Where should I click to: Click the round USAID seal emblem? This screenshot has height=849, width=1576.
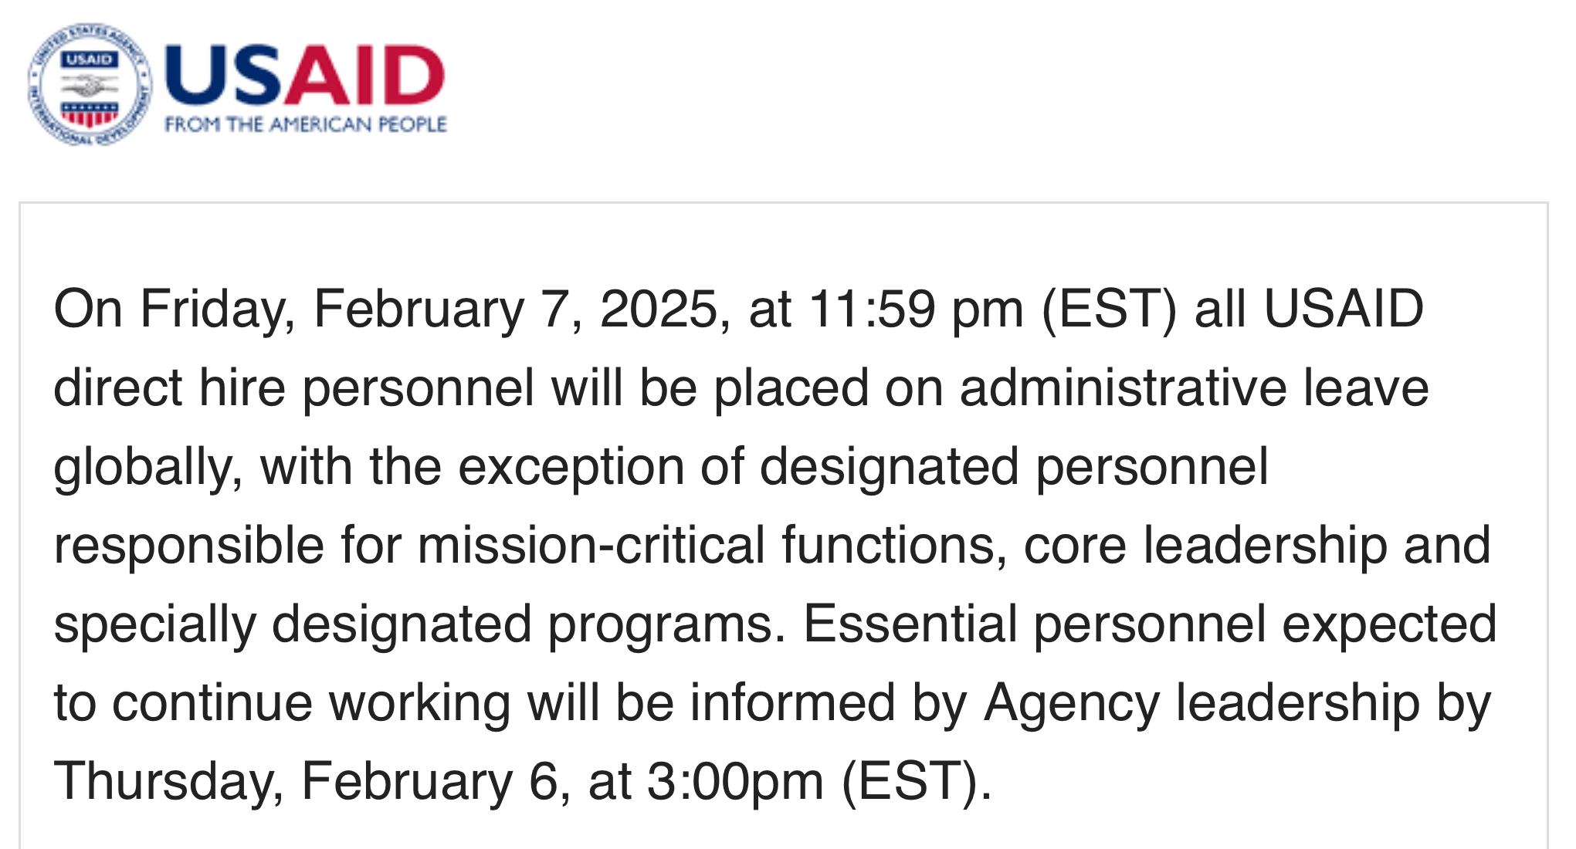[89, 84]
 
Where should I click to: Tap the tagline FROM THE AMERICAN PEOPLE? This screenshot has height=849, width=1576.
[306, 124]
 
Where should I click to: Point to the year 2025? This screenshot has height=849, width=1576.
[659, 309]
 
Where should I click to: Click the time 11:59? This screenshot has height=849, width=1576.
[872, 309]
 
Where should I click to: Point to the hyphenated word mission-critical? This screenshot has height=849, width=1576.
[591, 545]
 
